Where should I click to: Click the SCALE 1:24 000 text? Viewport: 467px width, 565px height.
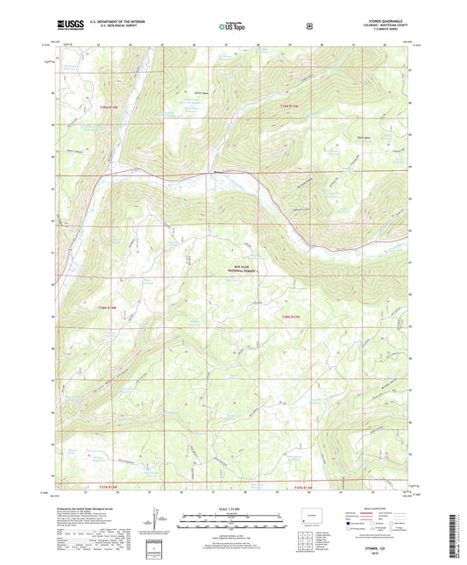(x=232, y=509)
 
